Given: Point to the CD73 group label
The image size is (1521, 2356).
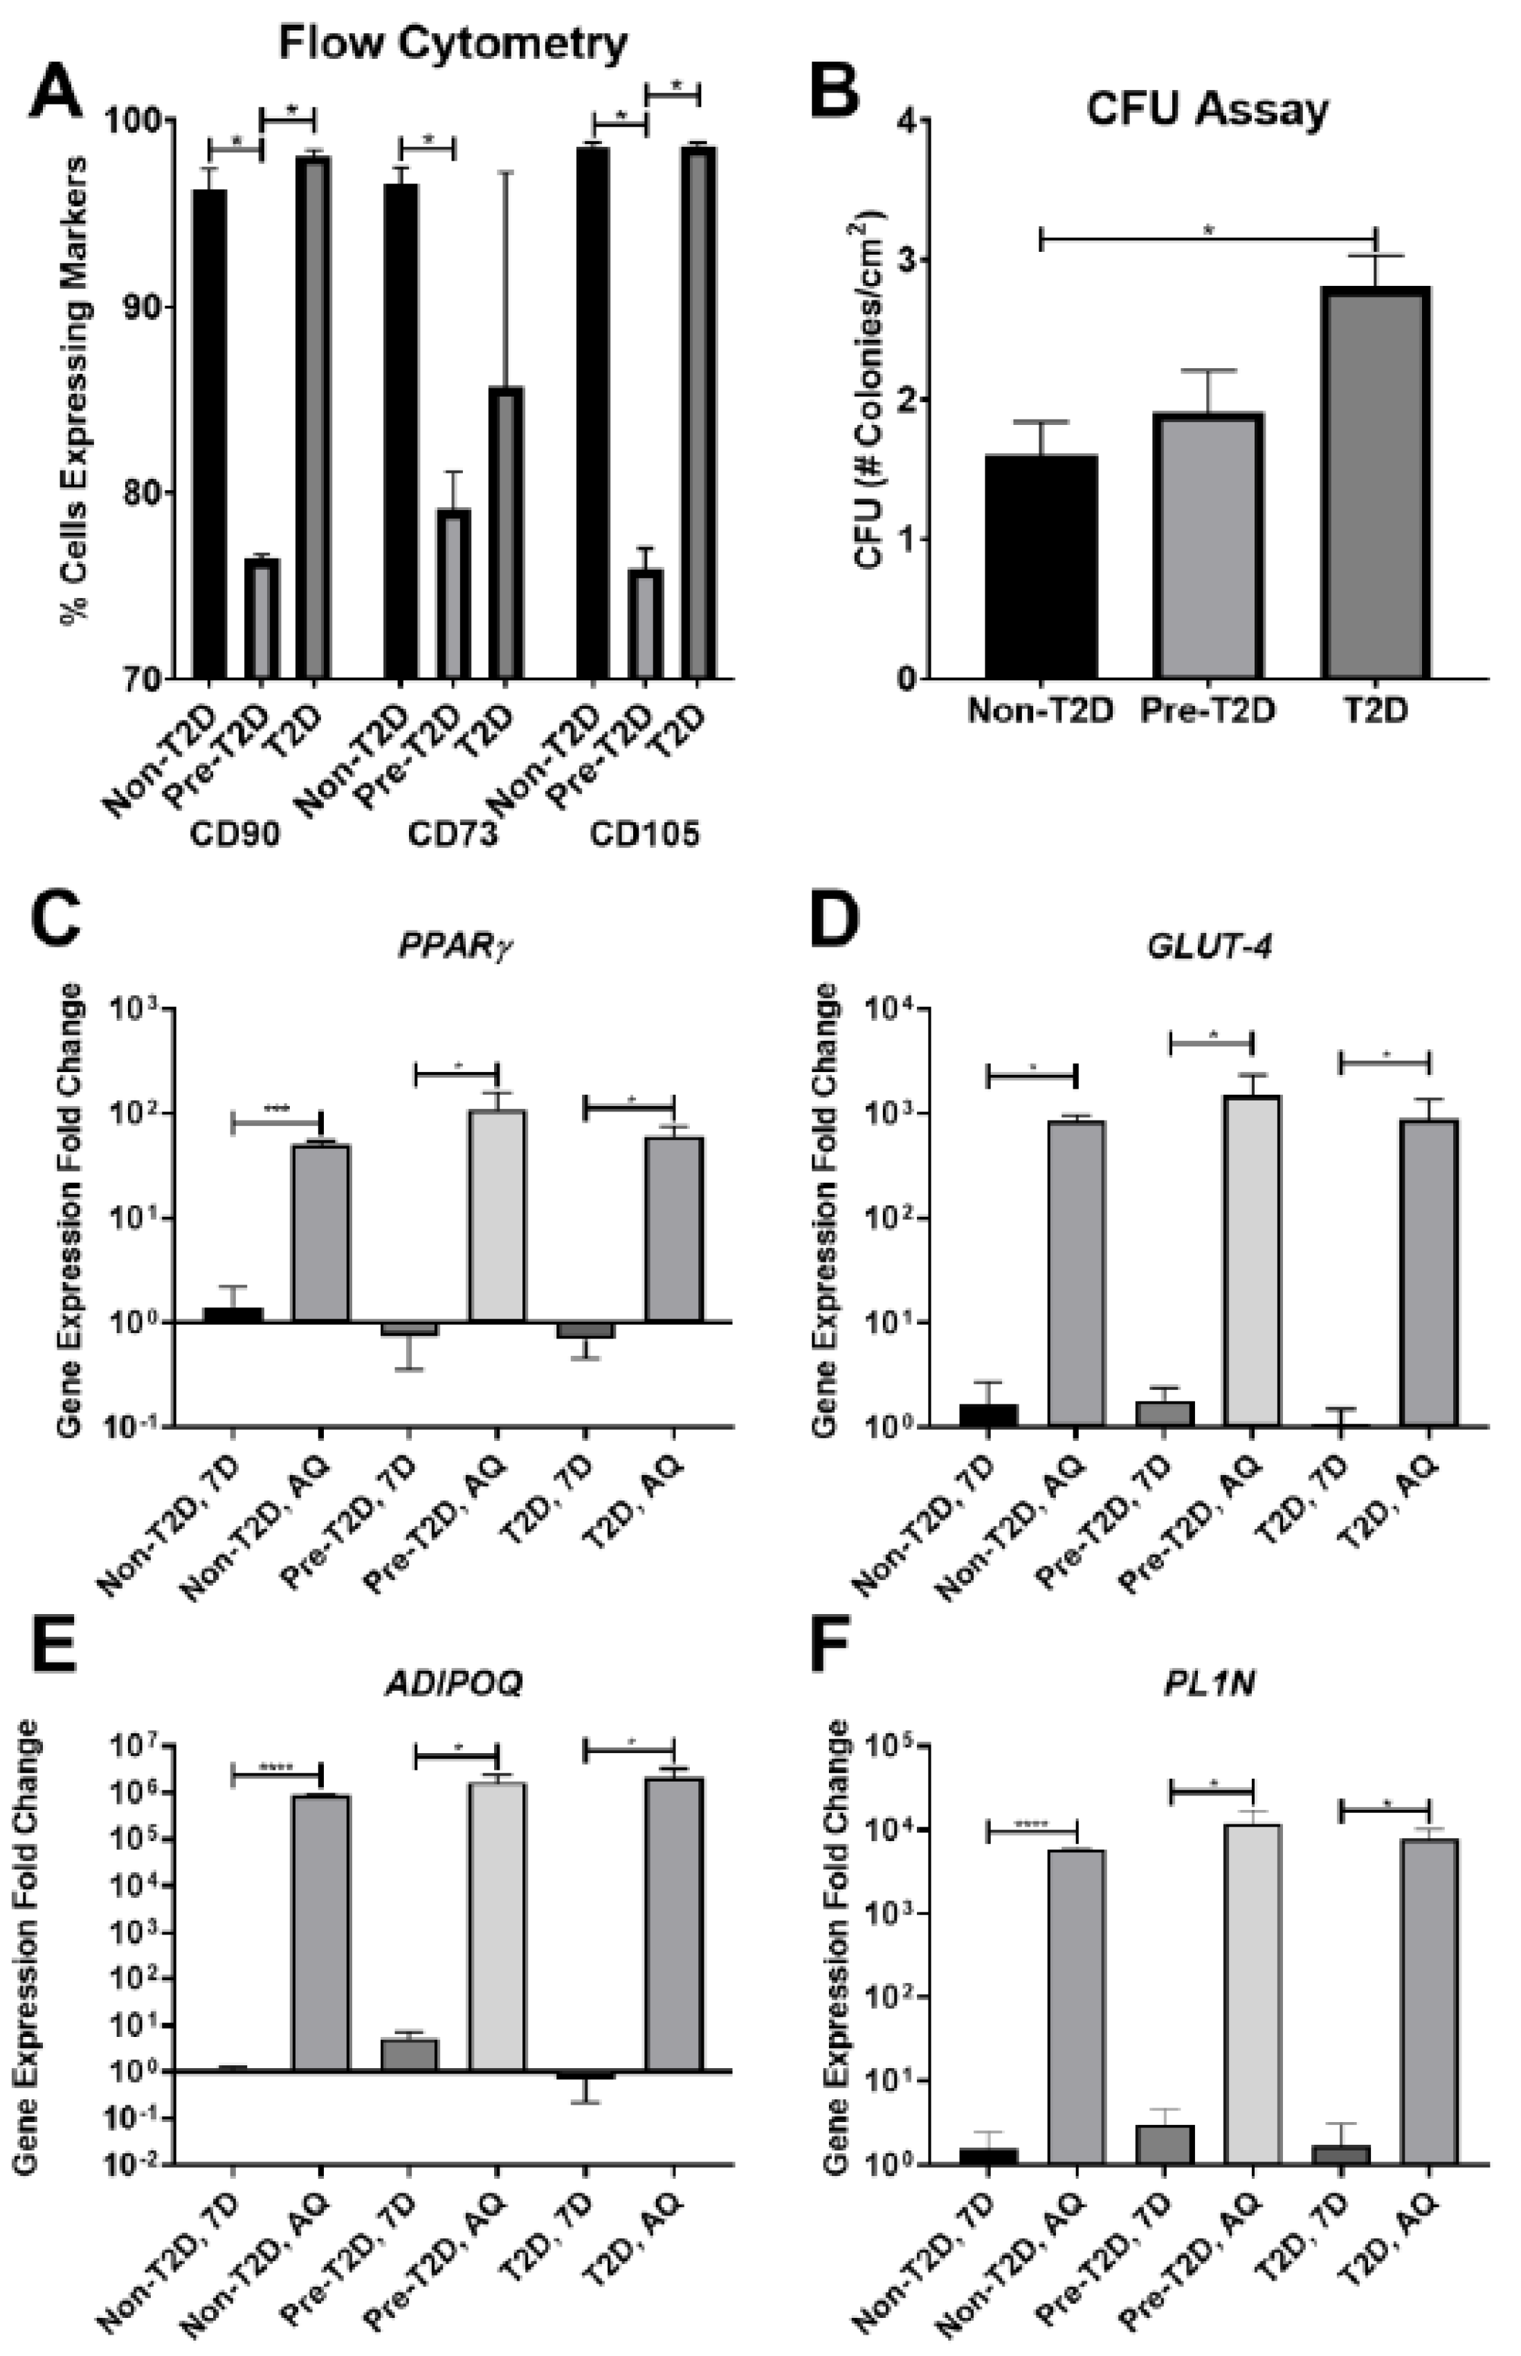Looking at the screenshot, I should coord(453,835).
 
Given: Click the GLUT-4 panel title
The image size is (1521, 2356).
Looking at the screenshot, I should coord(1209,946).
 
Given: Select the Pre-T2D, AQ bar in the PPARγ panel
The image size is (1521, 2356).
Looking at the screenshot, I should coord(497,1216).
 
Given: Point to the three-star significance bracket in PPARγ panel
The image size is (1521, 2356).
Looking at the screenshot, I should coord(277,1121).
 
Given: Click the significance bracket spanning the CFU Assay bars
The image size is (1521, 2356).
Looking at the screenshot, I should coord(1207,237).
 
